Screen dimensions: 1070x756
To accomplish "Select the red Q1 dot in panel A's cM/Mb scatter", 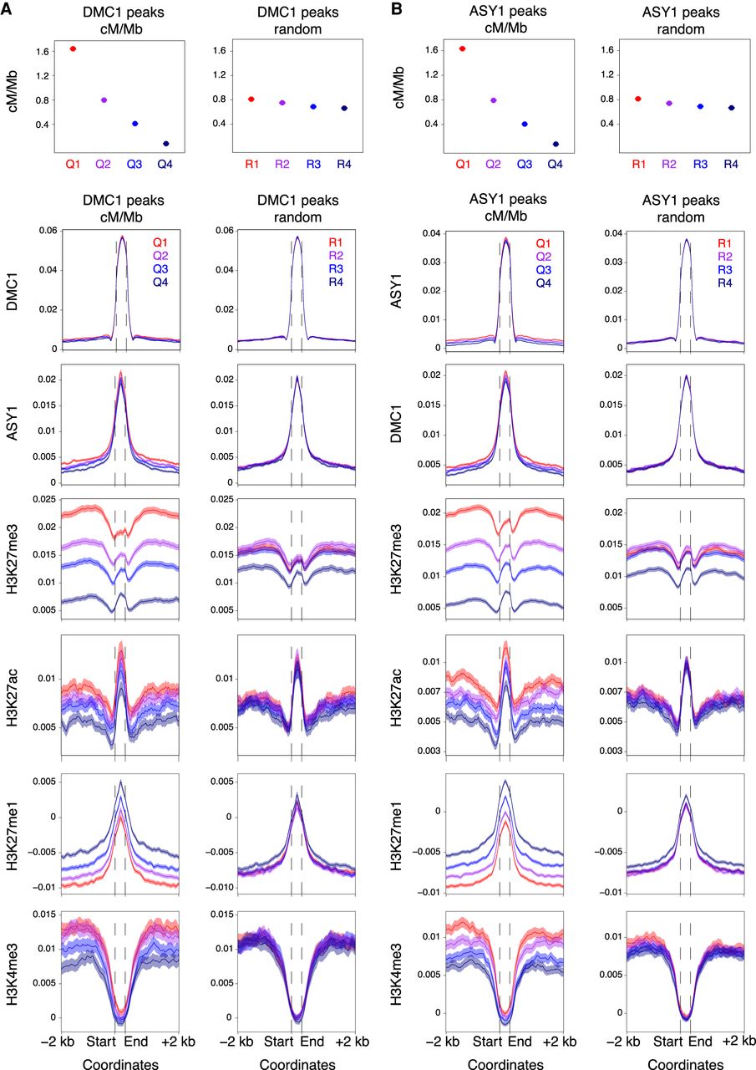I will click(73, 49).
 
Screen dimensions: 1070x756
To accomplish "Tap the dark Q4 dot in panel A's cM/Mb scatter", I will click(165, 144).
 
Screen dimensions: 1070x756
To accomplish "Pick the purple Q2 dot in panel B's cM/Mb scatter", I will click(493, 100).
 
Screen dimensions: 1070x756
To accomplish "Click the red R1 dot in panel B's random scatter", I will click(638, 99).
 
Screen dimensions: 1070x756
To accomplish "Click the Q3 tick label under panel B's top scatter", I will click(525, 164).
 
